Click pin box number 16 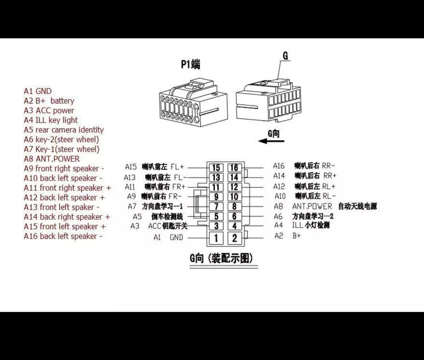(234, 168)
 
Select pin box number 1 (216, 238)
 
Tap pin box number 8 (234, 207)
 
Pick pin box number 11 (216, 187)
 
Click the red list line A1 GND (38, 91)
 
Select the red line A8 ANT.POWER (52, 159)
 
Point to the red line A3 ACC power (49, 111)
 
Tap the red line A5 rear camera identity (63, 130)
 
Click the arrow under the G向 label (271, 141)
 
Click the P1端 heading (190, 65)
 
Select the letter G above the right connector (285, 56)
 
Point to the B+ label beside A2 (297, 236)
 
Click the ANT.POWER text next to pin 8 (312, 207)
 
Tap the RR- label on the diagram (328, 166)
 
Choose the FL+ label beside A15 (177, 166)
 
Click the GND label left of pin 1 (176, 238)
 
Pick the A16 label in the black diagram (279, 166)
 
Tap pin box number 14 (234, 177)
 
